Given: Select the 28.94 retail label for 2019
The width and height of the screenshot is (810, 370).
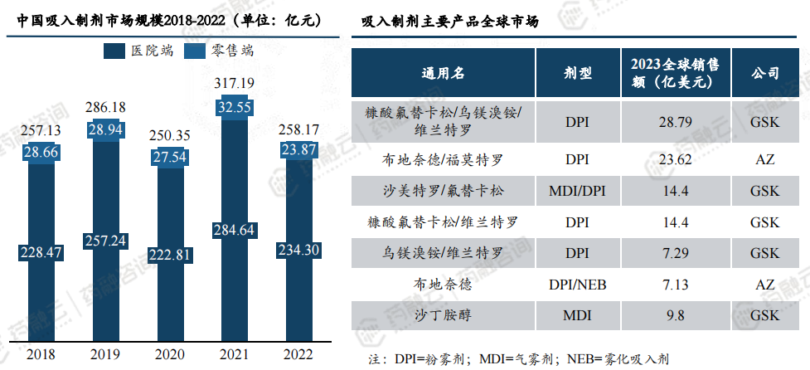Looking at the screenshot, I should [x=109, y=130].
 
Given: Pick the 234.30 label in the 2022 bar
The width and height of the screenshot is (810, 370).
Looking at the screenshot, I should [x=298, y=250].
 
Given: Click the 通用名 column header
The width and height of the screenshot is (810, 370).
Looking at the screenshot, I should [x=444, y=73].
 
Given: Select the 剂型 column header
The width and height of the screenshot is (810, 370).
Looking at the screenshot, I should [x=578, y=73].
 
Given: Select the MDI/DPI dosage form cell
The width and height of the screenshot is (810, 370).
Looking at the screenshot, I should [x=578, y=192].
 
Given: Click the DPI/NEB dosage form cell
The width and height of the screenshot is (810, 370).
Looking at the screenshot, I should [x=578, y=285].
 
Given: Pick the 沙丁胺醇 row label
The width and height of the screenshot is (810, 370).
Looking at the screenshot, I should [x=444, y=316].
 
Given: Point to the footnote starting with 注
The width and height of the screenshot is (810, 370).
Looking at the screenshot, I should [x=519, y=359].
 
